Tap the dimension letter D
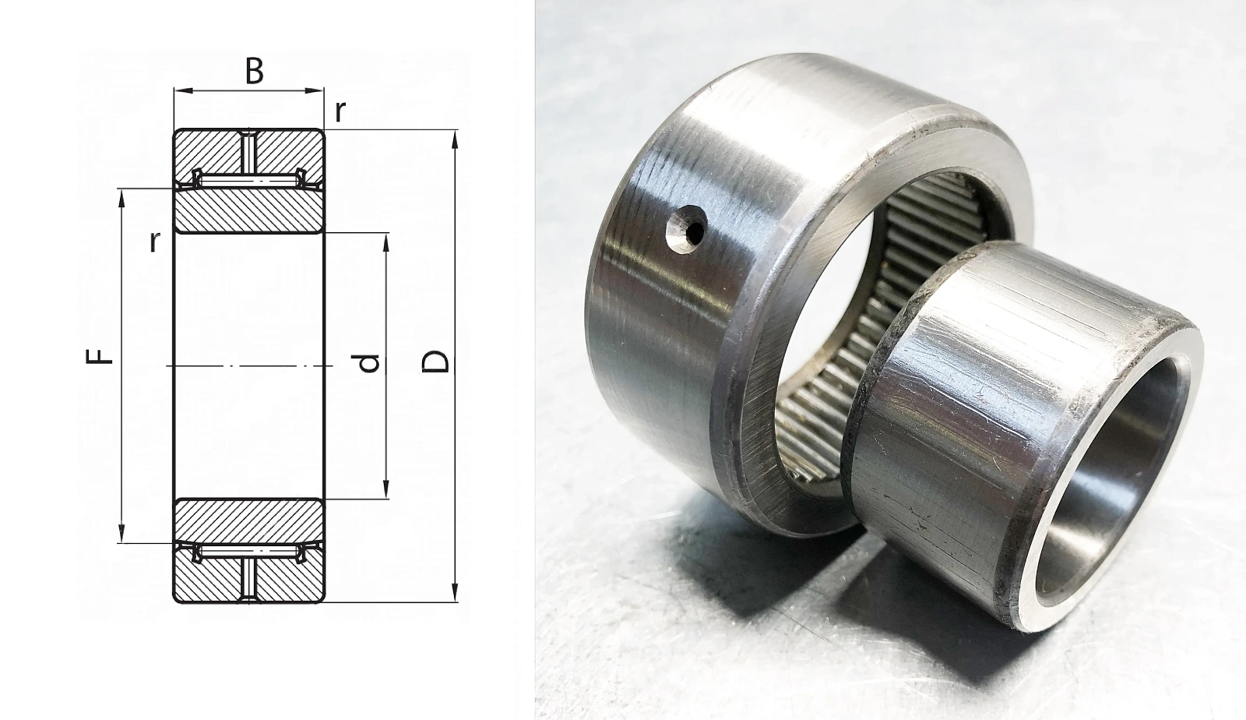[435, 362]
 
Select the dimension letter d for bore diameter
[369, 363]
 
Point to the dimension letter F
[100, 356]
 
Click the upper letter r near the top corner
[340, 112]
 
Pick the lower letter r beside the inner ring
[155, 242]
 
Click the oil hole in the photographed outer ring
[687, 229]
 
